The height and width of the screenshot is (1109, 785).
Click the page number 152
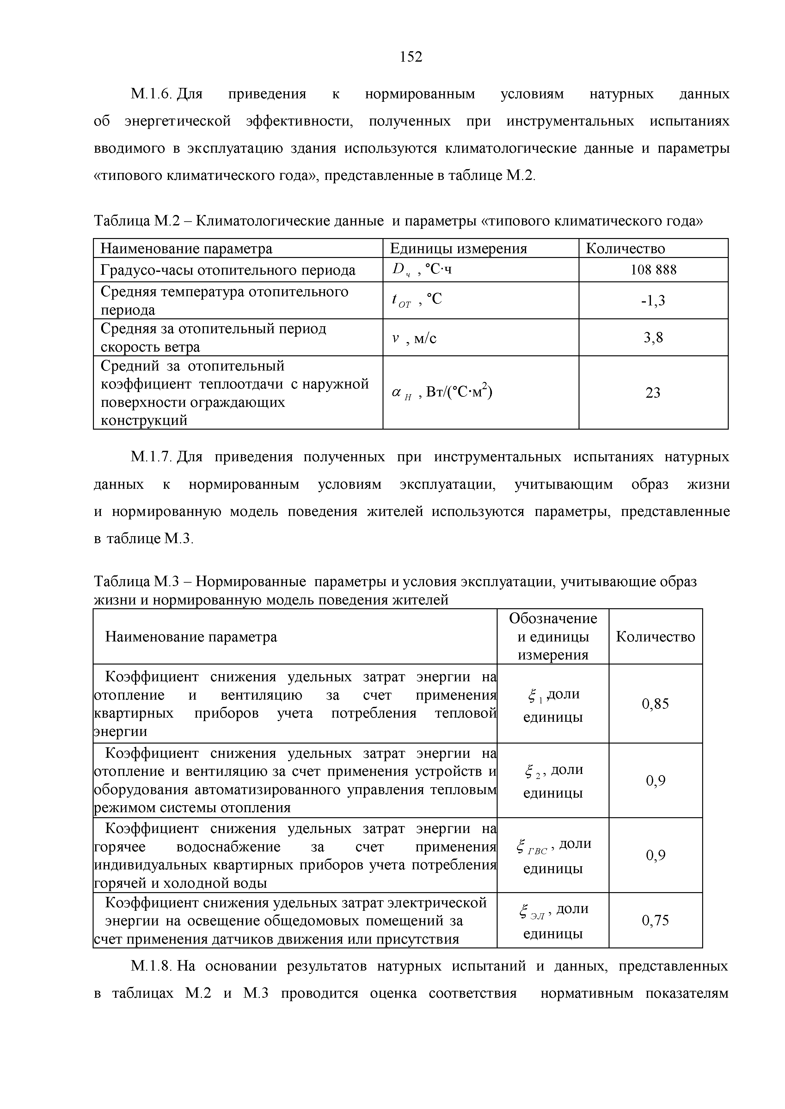click(x=411, y=57)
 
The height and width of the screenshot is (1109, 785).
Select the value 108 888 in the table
click(x=653, y=270)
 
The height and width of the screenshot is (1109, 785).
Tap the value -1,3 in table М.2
click(x=653, y=301)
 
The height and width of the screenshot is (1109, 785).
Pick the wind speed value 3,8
click(x=653, y=338)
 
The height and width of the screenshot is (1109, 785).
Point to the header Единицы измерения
click(x=458, y=249)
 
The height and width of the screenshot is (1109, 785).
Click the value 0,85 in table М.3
click(x=655, y=704)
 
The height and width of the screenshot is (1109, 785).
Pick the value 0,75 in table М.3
click(x=655, y=921)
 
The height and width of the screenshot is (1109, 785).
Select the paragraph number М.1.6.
click(x=151, y=94)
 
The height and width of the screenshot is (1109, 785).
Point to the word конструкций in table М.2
click(x=144, y=420)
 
